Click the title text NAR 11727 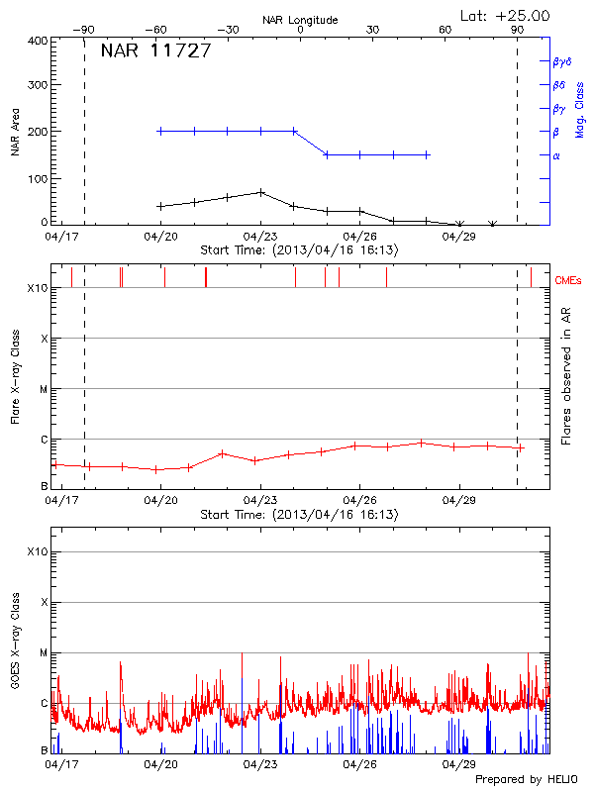[155, 51]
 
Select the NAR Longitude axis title [300, 20]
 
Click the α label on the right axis [556, 155]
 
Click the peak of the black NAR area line [260, 192]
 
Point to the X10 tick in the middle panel [38, 288]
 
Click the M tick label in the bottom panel [44, 653]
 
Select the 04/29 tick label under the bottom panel [458, 763]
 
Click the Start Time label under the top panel [300, 251]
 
